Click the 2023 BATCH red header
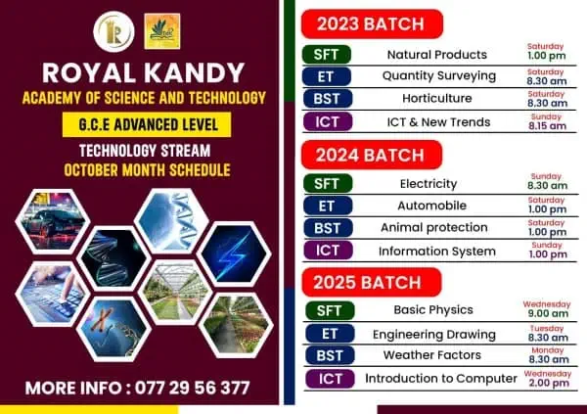[371, 23]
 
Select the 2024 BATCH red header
[371, 155]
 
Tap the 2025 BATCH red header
[371, 283]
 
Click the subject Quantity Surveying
[438, 75]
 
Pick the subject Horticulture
[438, 99]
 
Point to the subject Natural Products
[437, 54]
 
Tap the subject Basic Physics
[432, 310]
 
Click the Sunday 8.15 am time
[546, 122]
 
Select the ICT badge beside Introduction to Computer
[328, 379]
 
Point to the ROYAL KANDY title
[145, 73]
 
